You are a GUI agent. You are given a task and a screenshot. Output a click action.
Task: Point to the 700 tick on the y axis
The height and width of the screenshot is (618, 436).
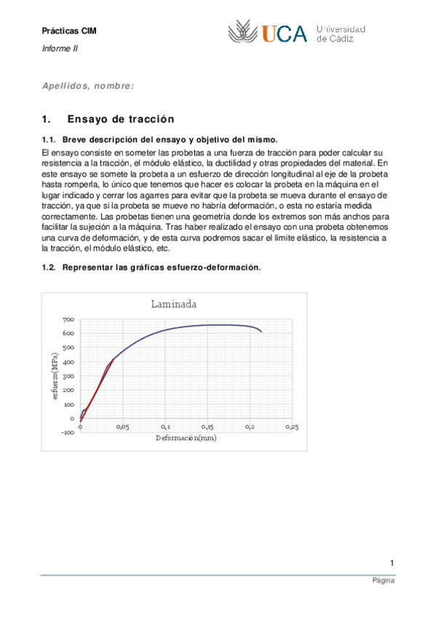click(x=68, y=320)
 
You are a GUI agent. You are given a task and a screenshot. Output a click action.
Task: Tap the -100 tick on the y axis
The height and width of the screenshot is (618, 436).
click(x=68, y=432)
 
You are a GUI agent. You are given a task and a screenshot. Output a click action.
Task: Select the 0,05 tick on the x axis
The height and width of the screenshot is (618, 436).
click(x=122, y=427)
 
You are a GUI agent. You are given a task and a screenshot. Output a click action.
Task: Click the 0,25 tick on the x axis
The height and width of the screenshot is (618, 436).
click(x=291, y=427)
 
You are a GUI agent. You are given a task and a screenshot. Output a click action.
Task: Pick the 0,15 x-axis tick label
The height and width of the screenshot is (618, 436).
click(x=207, y=427)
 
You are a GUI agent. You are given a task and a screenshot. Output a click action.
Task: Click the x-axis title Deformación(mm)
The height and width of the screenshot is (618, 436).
click(x=186, y=438)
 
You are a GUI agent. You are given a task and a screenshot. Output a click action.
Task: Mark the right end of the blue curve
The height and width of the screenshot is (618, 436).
click(x=262, y=332)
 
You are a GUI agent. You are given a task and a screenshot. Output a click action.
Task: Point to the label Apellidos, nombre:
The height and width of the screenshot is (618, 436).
click(x=88, y=86)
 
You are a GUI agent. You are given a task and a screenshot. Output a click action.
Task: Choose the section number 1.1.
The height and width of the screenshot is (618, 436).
click(x=49, y=139)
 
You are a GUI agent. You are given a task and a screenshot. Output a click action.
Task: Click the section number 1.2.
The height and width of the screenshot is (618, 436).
click(x=49, y=267)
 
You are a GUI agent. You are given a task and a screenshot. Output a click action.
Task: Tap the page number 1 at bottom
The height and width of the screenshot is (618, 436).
click(x=392, y=563)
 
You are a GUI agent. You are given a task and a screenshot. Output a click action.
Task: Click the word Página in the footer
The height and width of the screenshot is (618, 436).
click(x=383, y=582)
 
